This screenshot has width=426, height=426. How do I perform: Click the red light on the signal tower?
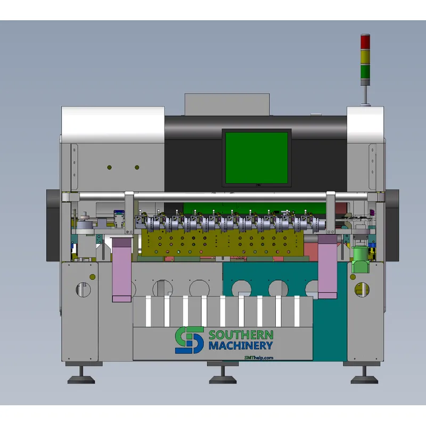tap(365, 42)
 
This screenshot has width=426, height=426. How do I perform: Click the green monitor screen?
tap(257, 158)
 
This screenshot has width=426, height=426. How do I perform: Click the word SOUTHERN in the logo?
tap(241, 335)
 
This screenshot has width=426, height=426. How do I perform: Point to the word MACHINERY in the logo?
tap(241, 346)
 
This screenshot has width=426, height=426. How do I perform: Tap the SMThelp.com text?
tap(259, 357)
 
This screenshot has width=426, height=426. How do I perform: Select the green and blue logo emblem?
tap(190, 340)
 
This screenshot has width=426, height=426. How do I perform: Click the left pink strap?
tap(122, 270)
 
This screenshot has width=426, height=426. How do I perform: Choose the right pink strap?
tap(327, 267)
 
